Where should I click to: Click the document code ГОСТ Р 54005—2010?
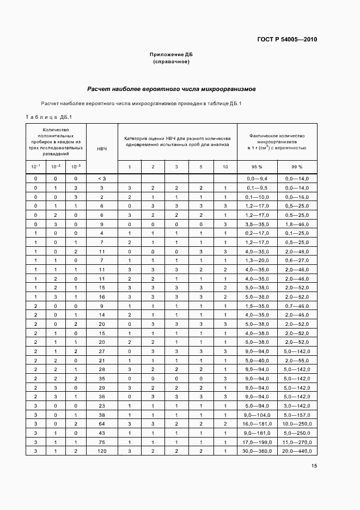click(286, 39)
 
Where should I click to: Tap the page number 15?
click(314, 465)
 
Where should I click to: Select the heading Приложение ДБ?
click(172, 54)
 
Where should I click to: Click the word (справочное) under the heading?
click(172, 62)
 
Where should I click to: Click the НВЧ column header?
click(102, 148)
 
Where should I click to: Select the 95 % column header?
click(257, 167)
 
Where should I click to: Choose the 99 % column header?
click(297, 167)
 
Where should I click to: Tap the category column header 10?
click(225, 167)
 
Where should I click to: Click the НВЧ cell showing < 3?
click(102, 178)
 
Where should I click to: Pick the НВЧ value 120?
click(102, 451)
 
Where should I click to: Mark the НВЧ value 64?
click(102, 423)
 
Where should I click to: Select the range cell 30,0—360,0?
click(257, 451)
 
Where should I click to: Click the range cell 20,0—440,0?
click(297, 451)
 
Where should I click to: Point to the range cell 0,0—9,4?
click(257, 178)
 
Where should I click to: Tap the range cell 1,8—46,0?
click(297, 224)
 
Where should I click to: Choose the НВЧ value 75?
click(102, 442)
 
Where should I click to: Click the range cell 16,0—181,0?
click(257, 423)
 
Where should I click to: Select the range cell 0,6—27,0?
click(297, 260)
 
